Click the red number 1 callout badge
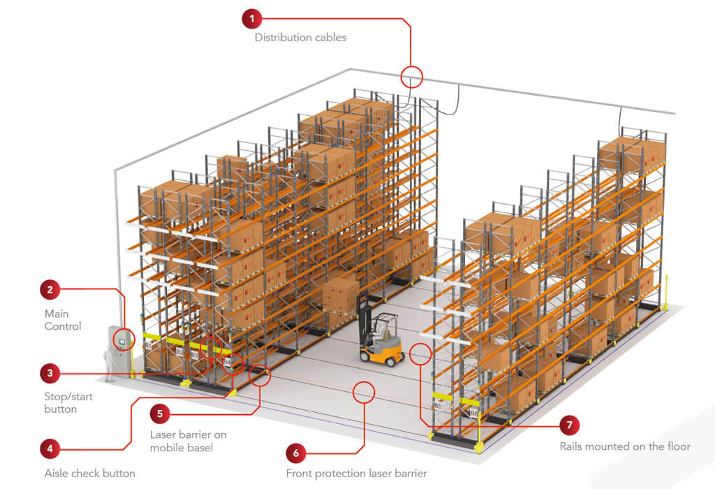(x=252, y=19)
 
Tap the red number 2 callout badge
(x=50, y=289)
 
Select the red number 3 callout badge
(x=50, y=373)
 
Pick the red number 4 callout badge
(x=50, y=448)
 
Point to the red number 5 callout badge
(x=160, y=413)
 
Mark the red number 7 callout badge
(x=570, y=424)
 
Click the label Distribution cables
(x=300, y=38)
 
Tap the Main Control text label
(x=63, y=320)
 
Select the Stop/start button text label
(x=68, y=402)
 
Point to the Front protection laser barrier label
(x=356, y=473)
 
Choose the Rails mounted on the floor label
(x=624, y=446)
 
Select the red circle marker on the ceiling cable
(x=412, y=76)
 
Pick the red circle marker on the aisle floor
(x=364, y=392)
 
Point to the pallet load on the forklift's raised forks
(x=341, y=295)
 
